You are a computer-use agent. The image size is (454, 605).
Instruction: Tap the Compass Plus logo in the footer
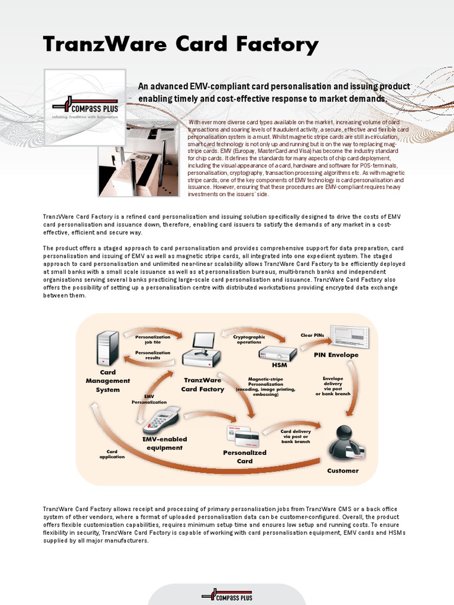[x=226, y=595]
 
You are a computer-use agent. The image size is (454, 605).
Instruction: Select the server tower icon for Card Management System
[x=108, y=348]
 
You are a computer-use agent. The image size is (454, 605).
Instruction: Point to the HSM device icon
[x=277, y=353]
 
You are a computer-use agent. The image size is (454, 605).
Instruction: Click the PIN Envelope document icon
[x=349, y=336]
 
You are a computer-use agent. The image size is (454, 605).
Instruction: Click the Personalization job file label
[x=153, y=339]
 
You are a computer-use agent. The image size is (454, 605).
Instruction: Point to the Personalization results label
[x=153, y=355]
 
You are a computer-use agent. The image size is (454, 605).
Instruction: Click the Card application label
[x=112, y=454]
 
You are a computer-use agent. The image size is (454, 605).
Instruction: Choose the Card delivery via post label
[x=295, y=437]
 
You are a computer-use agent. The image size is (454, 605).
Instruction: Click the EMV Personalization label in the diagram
[x=149, y=399]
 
